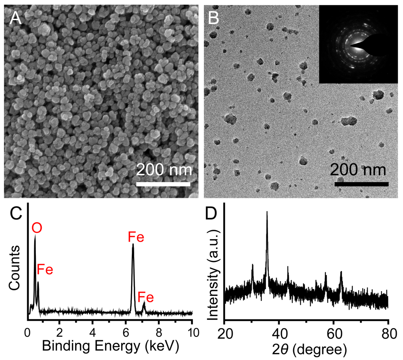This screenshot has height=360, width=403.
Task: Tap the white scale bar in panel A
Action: click(x=163, y=184)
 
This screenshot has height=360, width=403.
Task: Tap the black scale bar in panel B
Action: click(x=362, y=184)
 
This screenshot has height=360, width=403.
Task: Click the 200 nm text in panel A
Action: click(x=164, y=170)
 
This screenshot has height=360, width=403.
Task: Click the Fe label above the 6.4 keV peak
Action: click(x=136, y=237)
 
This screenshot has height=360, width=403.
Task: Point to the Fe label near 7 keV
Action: click(x=146, y=297)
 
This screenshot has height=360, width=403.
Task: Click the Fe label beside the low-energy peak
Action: click(x=45, y=270)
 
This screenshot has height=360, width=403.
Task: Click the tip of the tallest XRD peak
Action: click(x=267, y=212)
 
